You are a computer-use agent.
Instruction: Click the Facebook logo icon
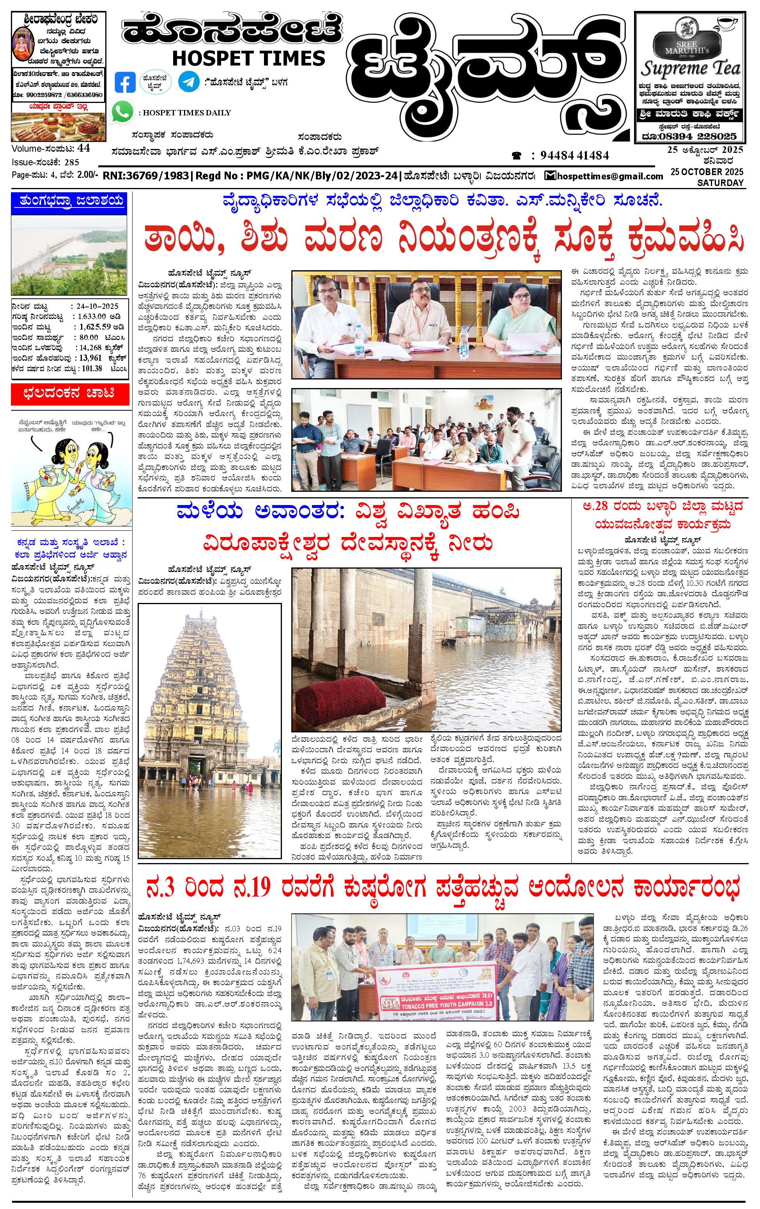[x=125, y=82]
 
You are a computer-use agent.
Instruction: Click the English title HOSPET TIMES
[x=248, y=58]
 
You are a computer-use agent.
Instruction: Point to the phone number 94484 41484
[x=574, y=156]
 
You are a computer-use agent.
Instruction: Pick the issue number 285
[x=72, y=162]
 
